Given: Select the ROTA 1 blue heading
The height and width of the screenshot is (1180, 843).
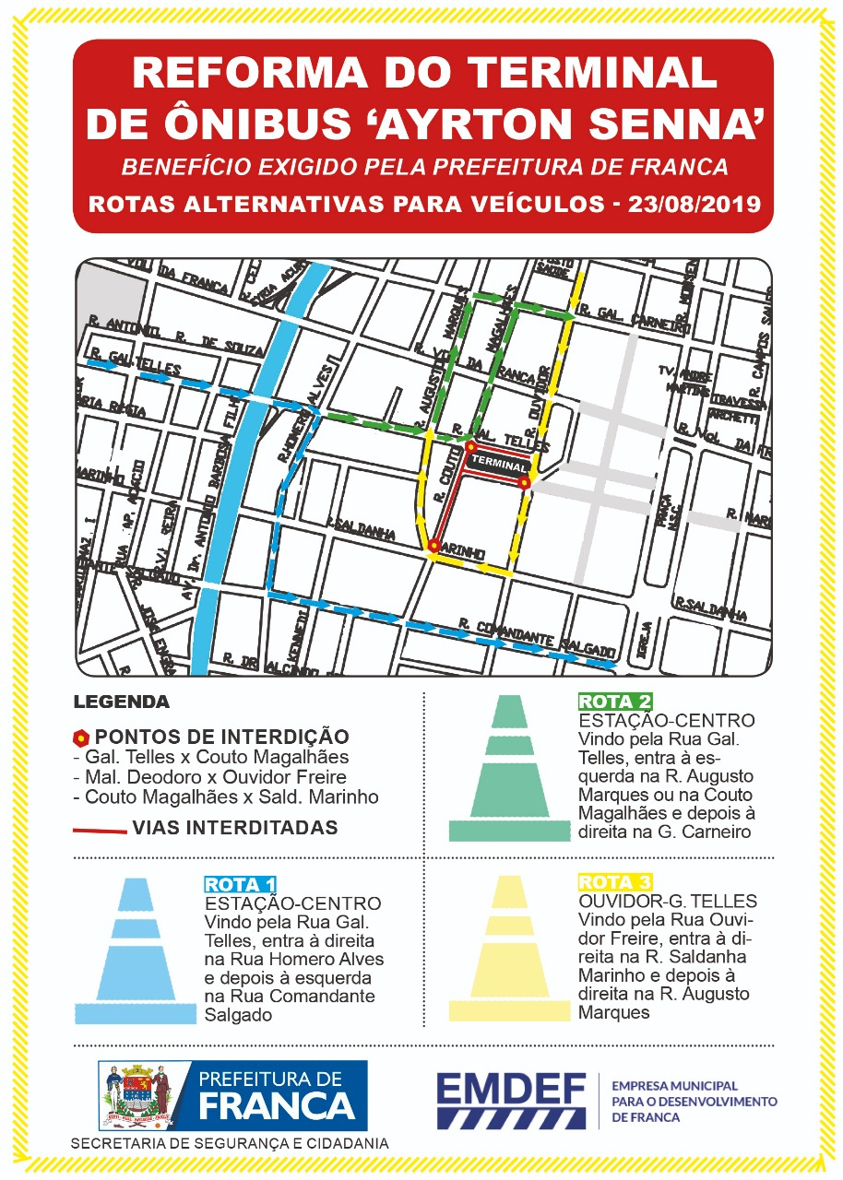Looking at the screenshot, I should point(240,886).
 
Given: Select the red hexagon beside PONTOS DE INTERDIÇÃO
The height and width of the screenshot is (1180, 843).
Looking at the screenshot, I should point(81,737).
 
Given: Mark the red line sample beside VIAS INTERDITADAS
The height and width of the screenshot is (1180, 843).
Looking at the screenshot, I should point(100,831).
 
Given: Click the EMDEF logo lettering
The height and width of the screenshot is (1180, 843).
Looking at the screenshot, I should point(513,1088).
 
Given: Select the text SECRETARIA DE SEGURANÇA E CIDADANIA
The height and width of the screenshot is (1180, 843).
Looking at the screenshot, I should point(230,1143).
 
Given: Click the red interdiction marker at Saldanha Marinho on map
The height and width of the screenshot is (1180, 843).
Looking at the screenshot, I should point(433,547).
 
